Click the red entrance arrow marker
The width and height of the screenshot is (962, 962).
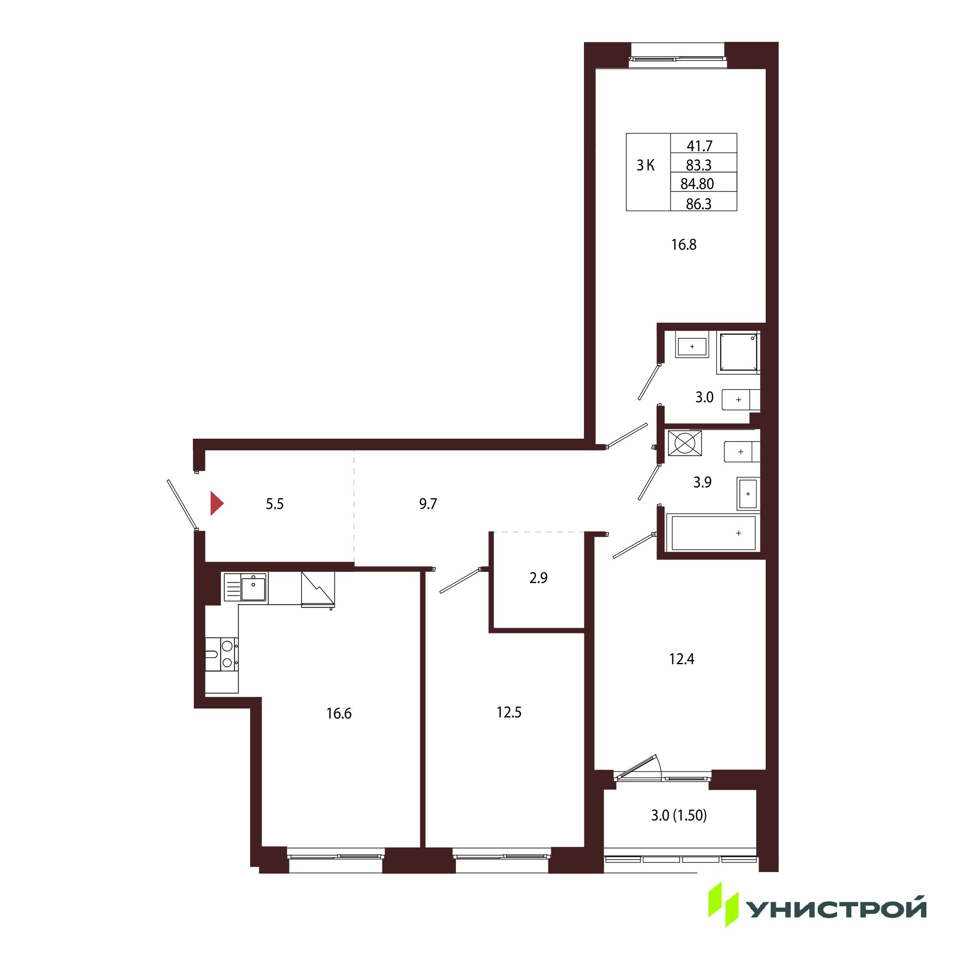tap(216, 504)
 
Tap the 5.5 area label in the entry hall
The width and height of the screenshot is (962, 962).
tap(274, 504)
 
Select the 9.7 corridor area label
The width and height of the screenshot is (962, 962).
tap(428, 504)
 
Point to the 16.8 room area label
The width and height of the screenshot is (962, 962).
tap(684, 244)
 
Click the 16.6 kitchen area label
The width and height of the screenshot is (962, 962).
tap(339, 713)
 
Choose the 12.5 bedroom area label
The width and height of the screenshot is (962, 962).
tap(509, 712)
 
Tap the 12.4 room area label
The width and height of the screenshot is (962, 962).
tap(682, 659)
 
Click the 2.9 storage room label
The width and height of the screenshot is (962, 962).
tap(538, 578)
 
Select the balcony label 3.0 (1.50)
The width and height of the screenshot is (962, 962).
tap(679, 815)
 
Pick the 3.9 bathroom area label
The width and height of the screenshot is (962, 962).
tap(703, 482)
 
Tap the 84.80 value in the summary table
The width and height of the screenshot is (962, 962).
tap(697, 184)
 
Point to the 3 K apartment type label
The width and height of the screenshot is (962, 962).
tap(646, 165)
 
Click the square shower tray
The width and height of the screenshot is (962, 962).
tap(738, 353)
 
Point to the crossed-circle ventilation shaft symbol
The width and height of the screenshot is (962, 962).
tap(684, 443)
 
